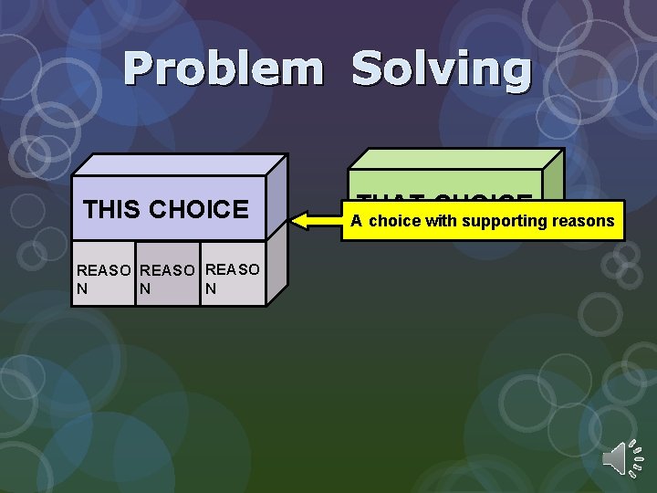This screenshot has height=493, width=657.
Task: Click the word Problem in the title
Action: [223, 70]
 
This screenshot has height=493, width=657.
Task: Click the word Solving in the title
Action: [441, 70]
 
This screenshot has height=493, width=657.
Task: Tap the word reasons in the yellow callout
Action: [587, 221]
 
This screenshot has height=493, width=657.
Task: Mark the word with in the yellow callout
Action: [442, 221]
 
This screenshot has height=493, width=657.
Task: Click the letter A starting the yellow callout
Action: [356, 221]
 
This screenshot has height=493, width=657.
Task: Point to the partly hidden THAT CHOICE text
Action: [444, 196]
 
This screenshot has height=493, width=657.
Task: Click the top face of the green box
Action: [456, 159]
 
